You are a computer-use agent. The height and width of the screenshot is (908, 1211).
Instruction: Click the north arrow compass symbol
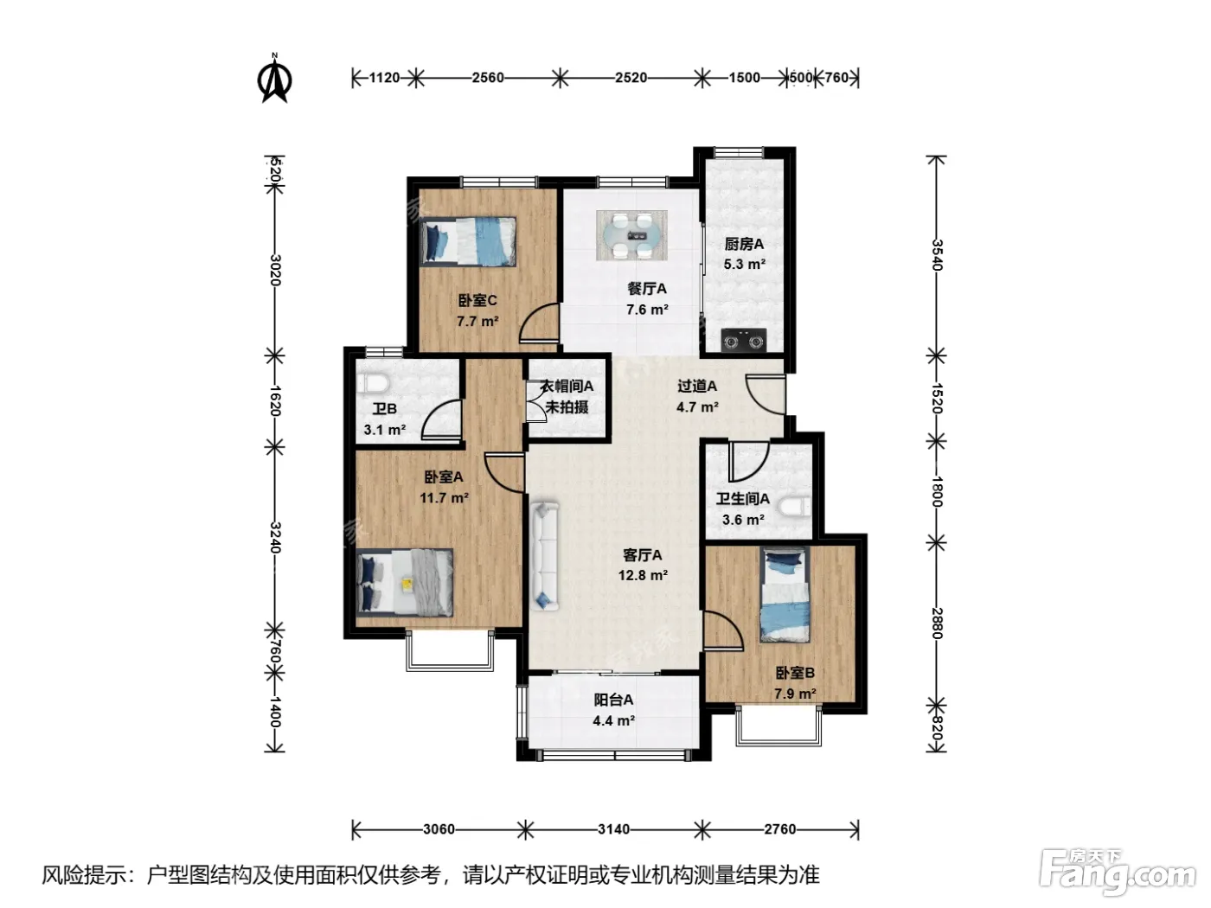click(x=275, y=79)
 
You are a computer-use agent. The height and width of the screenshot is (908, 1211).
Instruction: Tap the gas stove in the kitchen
click(x=744, y=340)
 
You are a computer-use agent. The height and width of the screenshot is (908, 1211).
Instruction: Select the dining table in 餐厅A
click(x=631, y=235)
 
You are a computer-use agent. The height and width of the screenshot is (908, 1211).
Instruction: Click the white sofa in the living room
click(x=545, y=556)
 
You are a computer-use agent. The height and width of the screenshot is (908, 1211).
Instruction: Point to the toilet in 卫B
click(x=373, y=383)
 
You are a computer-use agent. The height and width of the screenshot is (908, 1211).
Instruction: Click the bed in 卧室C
click(x=468, y=241)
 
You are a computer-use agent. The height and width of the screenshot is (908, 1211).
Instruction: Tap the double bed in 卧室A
click(x=405, y=582)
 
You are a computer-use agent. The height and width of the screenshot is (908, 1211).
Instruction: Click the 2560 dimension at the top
click(x=488, y=78)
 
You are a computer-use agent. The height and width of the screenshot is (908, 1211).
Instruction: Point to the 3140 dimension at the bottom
click(x=613, y=829)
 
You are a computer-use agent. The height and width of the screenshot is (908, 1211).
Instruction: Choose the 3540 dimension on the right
click(x=937, y=255)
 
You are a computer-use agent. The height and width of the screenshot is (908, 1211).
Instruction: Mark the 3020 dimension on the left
click(x=275, y=270)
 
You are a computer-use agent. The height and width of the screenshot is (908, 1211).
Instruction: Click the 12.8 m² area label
click(x=643, y=576)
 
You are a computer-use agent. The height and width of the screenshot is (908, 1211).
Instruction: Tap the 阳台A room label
click(x=613, y=700)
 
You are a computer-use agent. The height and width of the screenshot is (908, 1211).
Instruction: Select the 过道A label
click(x=697, y=386)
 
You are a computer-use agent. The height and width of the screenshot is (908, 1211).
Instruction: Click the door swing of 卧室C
click(x=539, y=324)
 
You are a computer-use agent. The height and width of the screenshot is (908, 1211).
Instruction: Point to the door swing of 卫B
click(x=441, y=420)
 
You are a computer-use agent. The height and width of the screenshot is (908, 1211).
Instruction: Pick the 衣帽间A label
click(x=567, y=386)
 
